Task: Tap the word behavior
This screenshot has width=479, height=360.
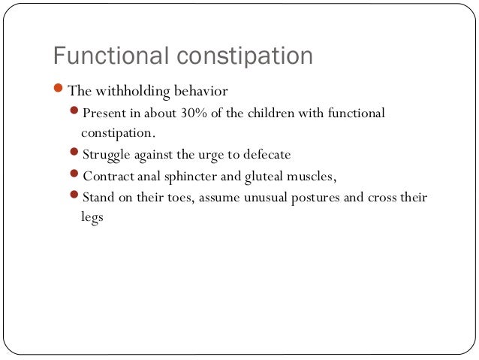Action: tap(197, 92)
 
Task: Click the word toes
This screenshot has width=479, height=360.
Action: tap(194, 198)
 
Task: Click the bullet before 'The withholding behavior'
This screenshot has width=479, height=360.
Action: tap(59, 92)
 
